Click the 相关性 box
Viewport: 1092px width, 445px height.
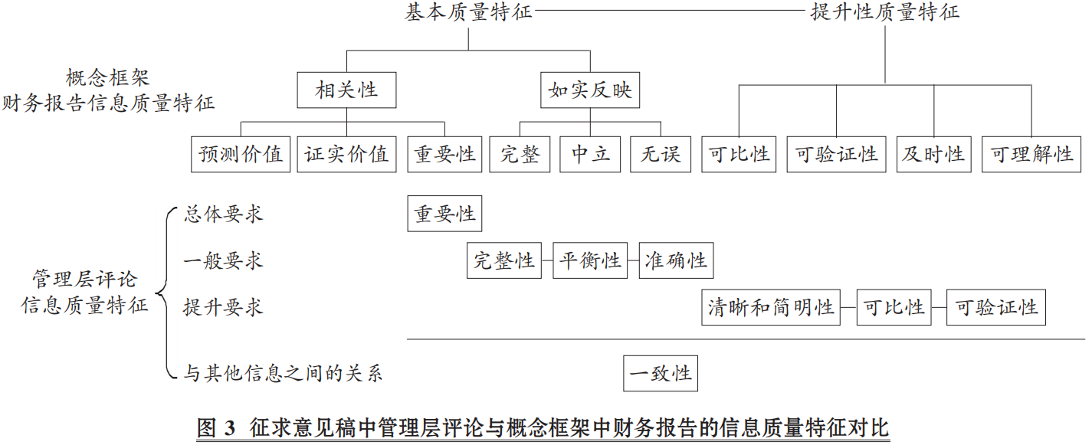346,90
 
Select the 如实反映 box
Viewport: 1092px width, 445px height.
590,90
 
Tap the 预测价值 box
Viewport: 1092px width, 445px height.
241,155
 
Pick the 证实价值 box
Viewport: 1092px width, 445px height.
346,155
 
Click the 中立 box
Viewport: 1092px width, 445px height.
590,155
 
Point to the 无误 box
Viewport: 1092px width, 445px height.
661,155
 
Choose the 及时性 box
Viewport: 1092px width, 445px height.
933,155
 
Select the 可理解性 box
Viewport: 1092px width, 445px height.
1031,155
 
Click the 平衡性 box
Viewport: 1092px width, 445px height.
590,260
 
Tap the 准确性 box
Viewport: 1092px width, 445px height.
676,260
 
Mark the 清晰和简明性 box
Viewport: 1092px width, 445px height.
771,307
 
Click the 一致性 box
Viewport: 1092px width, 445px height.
661,373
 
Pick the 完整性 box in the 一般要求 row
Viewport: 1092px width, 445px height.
504,260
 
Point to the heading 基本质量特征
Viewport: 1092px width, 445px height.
468,12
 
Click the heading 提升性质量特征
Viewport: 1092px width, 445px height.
885,12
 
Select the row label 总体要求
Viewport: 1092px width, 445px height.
223,214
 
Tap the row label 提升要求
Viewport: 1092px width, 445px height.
223,308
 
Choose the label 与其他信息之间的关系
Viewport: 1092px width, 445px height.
283,373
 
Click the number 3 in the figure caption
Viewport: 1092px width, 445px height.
230,428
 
